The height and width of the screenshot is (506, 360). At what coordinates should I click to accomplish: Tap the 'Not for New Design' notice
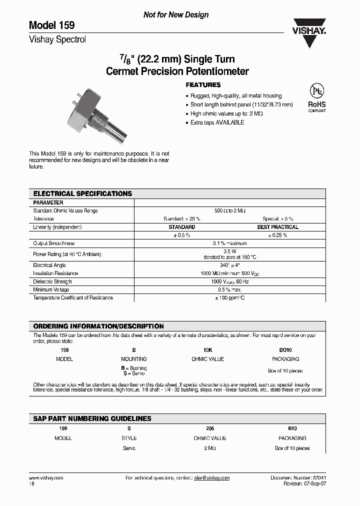pos(176,15)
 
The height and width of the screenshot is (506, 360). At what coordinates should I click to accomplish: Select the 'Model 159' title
pos(52,25)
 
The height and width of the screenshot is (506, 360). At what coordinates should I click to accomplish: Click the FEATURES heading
pos(203,85)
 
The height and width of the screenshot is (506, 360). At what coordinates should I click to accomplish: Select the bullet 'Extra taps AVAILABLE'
pos(217,122)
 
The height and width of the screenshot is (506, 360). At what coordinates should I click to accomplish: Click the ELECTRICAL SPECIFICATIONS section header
pos(82,193)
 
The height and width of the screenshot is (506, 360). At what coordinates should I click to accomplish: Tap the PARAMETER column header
pos(48,202)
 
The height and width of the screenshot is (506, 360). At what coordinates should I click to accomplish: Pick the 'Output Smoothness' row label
pos(54,243)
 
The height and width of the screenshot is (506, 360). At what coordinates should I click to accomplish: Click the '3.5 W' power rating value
pos(230,251)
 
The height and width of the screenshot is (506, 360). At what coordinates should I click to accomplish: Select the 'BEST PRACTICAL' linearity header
pos(277,227)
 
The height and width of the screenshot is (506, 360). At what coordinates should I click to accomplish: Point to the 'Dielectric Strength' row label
pos(53,281)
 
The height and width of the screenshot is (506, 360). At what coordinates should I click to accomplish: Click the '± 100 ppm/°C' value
pos(230,298)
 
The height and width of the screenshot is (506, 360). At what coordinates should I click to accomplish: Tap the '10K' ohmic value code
pos(207,350)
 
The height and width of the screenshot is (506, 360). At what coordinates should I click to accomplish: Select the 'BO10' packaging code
pos(285,350)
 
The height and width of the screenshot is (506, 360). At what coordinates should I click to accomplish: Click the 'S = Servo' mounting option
pos(134,373)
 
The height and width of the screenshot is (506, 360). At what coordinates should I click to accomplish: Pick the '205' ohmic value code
pos(210,428)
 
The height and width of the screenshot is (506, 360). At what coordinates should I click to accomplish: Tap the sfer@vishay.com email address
pos(211,478)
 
